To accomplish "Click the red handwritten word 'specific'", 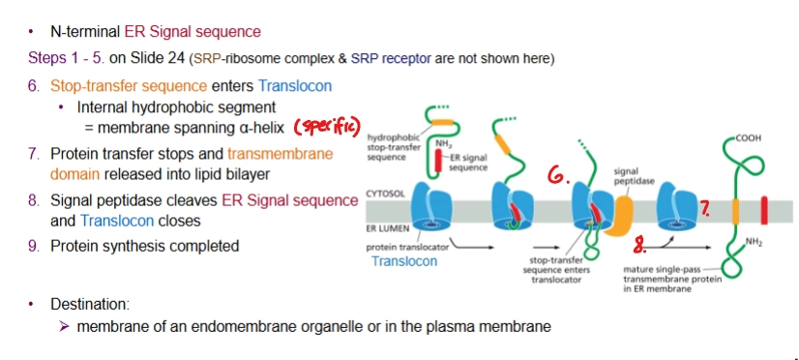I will pyautogui.click(x=327, y=127).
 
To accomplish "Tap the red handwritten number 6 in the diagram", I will pyautogui.click(x=557, y=175).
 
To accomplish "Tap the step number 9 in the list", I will pyautogui.click(x=33, y=246).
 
